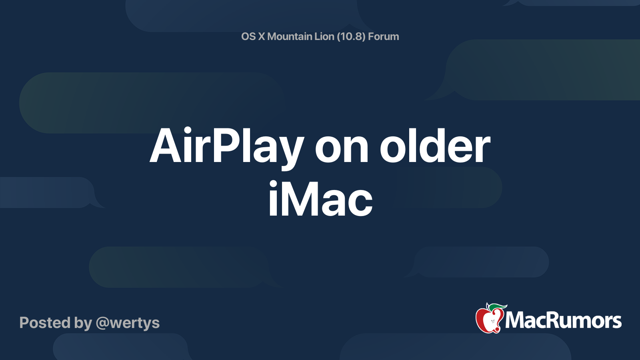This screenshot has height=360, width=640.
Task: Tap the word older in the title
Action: click(435, 144)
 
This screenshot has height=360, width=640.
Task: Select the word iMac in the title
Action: click(320, 198)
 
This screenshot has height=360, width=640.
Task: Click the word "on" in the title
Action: click(342, 150)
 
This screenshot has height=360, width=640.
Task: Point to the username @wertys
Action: click(128, 323)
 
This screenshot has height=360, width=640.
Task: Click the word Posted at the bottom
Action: click(45, 322)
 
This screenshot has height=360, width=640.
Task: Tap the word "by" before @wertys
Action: click(83, 323)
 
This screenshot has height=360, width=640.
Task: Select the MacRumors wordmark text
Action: click(563, 320)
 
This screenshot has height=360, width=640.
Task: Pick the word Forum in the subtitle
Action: click(384, 36)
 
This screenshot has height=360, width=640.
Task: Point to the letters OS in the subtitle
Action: click(248, 36)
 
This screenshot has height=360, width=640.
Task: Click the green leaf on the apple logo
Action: click(498, 307)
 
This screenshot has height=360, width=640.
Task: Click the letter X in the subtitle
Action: click(261, 36)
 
